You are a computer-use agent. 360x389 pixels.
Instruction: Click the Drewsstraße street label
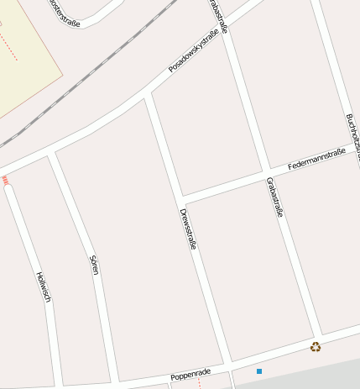(188, 229)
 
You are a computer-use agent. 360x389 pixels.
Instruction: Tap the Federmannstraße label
(316, 159)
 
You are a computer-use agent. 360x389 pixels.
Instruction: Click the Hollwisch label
(44, 286)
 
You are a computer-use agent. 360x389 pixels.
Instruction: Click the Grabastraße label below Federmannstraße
(274, 197)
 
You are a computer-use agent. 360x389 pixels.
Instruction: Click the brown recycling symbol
(316, 346)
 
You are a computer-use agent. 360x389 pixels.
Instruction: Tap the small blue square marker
(259, 371)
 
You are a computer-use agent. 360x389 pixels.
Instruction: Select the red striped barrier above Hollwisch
(5, 180)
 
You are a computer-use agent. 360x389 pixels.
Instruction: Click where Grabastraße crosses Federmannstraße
(267, 171)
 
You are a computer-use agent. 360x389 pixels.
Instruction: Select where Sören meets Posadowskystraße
(52, 155)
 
